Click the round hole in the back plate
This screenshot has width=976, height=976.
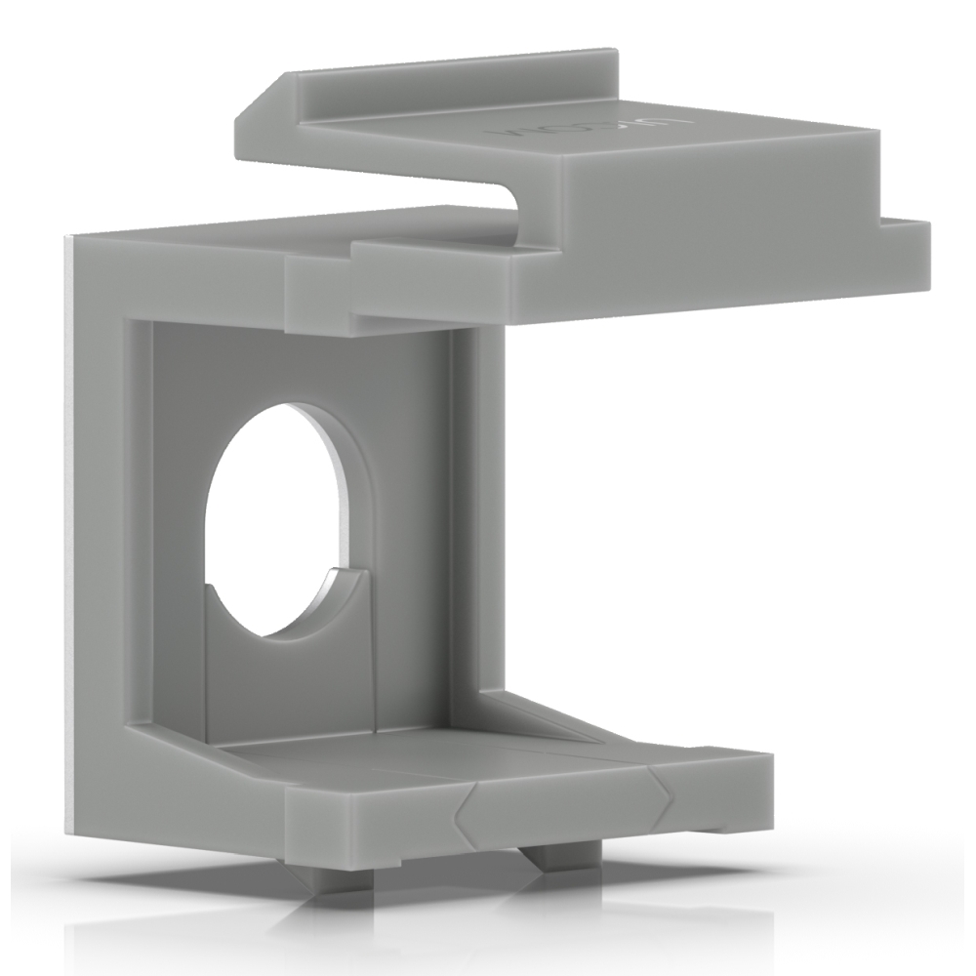[273, 517]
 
